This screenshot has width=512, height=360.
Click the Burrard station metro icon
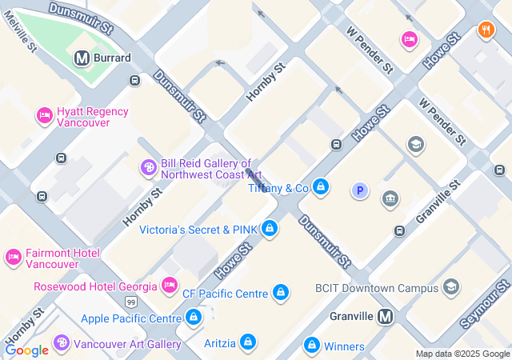tap(81, 58)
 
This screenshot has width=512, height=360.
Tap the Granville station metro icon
tap(386, 316)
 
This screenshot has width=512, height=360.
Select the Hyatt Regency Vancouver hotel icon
tap(45, 117)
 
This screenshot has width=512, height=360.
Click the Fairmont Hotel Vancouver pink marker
tap(13, 258)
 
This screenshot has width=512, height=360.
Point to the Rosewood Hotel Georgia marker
tap(169, 285)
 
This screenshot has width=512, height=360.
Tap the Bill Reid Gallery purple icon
tap(148, 167)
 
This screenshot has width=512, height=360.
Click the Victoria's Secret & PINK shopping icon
tap(270, 229)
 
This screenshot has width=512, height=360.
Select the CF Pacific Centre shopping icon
tap(281, 293)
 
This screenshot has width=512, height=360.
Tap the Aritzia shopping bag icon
tap(249, 343)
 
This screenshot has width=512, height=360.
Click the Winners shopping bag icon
tap(312, 346)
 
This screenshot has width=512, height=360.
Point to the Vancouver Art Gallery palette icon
tap(61, 343)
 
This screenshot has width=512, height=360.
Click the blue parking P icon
tap(361, 190)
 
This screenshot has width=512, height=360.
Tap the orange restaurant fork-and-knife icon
tap(485, 31)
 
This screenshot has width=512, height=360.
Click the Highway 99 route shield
tap(130, 302)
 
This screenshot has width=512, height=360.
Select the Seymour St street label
tap(486, 304)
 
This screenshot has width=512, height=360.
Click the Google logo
tap(26, 350)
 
